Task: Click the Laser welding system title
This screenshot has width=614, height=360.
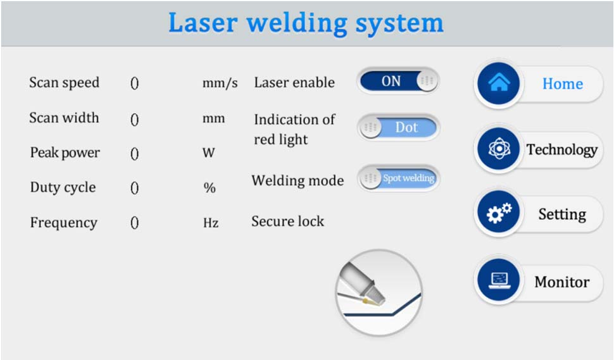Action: tap(306, 23)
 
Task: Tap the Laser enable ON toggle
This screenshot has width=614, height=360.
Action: tap(398, 81)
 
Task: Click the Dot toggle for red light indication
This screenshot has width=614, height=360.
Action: tap(398, 127)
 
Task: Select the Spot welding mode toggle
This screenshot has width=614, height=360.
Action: tap(398, 178)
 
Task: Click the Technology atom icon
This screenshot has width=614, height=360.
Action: tap(498, 149)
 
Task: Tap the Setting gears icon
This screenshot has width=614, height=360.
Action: tap(498, 214)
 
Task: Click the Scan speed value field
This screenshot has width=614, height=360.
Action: tap(134, 83)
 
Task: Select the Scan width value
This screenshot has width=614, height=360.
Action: tap(134, 118)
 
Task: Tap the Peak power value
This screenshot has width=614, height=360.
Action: tap(134, 153)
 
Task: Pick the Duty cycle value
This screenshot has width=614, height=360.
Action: tap(134, 188)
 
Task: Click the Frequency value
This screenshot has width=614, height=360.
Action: tap(134, 223)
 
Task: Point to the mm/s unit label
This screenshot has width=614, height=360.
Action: tap(220, 83)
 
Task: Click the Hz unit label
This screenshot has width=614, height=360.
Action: tap(210, 223)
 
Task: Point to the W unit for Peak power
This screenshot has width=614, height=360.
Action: tap(208, 153)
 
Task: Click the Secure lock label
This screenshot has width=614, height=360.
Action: tap(287, 221)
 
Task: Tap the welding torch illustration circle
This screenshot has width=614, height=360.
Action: tap(379, 292)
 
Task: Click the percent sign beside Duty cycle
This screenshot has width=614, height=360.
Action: tap(210, 188)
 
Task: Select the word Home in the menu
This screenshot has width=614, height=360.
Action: tap(562, 84)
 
